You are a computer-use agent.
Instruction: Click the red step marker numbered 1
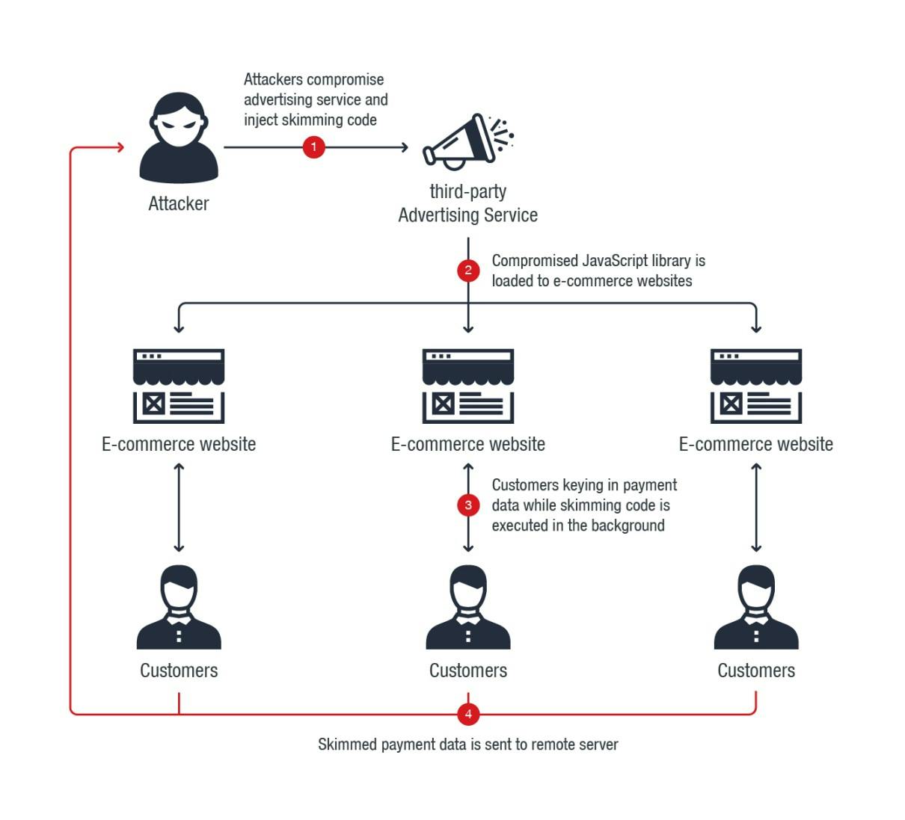(x=313, y=147)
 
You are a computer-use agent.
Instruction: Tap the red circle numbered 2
(x=468, y=270)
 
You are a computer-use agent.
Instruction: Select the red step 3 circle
(x=468, y=505)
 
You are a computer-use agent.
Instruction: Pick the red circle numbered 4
(x=468, y=714)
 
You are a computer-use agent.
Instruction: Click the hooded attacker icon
(x=179, y=138)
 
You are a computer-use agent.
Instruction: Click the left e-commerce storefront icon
(x=179, y=386)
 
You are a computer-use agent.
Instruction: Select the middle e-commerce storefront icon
(x=468, y=386)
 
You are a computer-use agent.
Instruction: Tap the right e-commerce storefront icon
(x=756, y=386)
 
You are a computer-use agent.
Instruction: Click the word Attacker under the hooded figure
(x=179, y=203)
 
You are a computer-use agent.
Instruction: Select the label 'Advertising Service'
(x=468, y=215)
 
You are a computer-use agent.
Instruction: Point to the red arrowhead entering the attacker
(x=120, y=147)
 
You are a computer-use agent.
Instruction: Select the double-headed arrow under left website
(x=179, y=507)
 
